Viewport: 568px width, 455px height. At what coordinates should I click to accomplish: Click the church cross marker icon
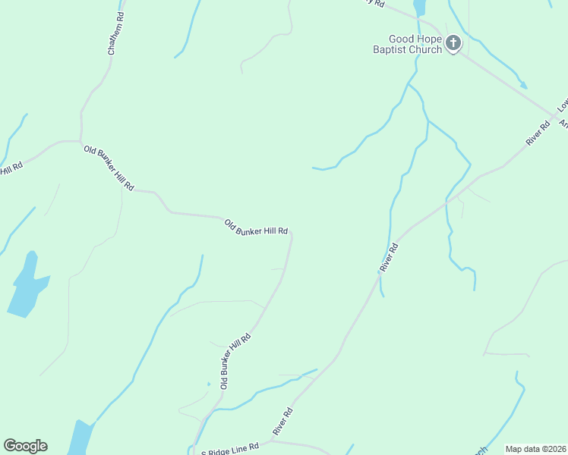click(x=453, y=43)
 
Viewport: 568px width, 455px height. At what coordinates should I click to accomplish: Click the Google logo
click(x=25, y=446)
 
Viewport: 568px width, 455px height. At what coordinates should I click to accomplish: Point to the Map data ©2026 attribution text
click(x=535, y=449)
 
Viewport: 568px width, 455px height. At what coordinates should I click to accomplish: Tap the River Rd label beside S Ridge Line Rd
click(x=283, y=422)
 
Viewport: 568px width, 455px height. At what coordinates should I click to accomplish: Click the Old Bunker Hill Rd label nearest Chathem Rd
click(x=109, y=168)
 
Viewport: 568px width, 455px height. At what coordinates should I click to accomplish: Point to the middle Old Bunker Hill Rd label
click(x=256, y=227)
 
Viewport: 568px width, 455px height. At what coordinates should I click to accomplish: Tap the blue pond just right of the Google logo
click(x=80, y=438)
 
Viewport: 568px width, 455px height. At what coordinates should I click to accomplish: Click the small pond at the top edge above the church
click(x=418, y=7)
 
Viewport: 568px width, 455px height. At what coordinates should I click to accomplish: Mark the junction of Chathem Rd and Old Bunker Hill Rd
click(x=80, y=141)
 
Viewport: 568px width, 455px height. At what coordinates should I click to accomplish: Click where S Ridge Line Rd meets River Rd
click(x=271, y=440)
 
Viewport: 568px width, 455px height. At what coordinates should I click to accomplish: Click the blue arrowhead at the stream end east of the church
click(x=523, y=85)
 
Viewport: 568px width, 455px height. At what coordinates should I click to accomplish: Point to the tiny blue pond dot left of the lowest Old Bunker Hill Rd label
click(x=208, y=384)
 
